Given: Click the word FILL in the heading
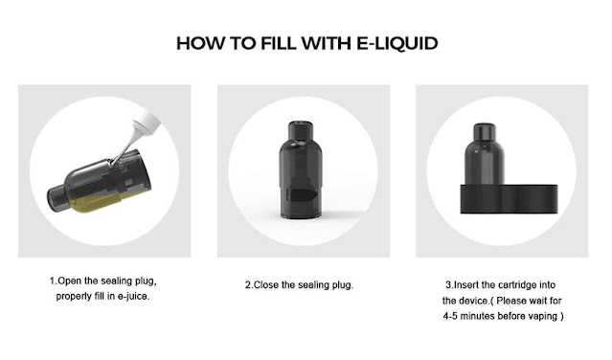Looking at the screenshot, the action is point(279,43).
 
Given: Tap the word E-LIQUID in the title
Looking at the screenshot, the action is point(397,43).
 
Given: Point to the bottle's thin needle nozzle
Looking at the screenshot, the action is point(125,147).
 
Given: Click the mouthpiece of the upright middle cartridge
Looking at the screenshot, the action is point(301,130).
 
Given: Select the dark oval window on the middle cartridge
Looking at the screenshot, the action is point(302,193).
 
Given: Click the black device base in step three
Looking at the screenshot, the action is point(509,198).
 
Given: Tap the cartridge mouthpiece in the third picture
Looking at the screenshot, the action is point(485,131).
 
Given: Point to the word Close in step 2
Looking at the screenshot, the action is point(266,284).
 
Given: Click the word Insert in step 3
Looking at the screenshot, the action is point(466,284).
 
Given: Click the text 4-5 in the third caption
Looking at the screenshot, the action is point(450,316).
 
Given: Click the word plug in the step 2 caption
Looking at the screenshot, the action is point(342,285).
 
